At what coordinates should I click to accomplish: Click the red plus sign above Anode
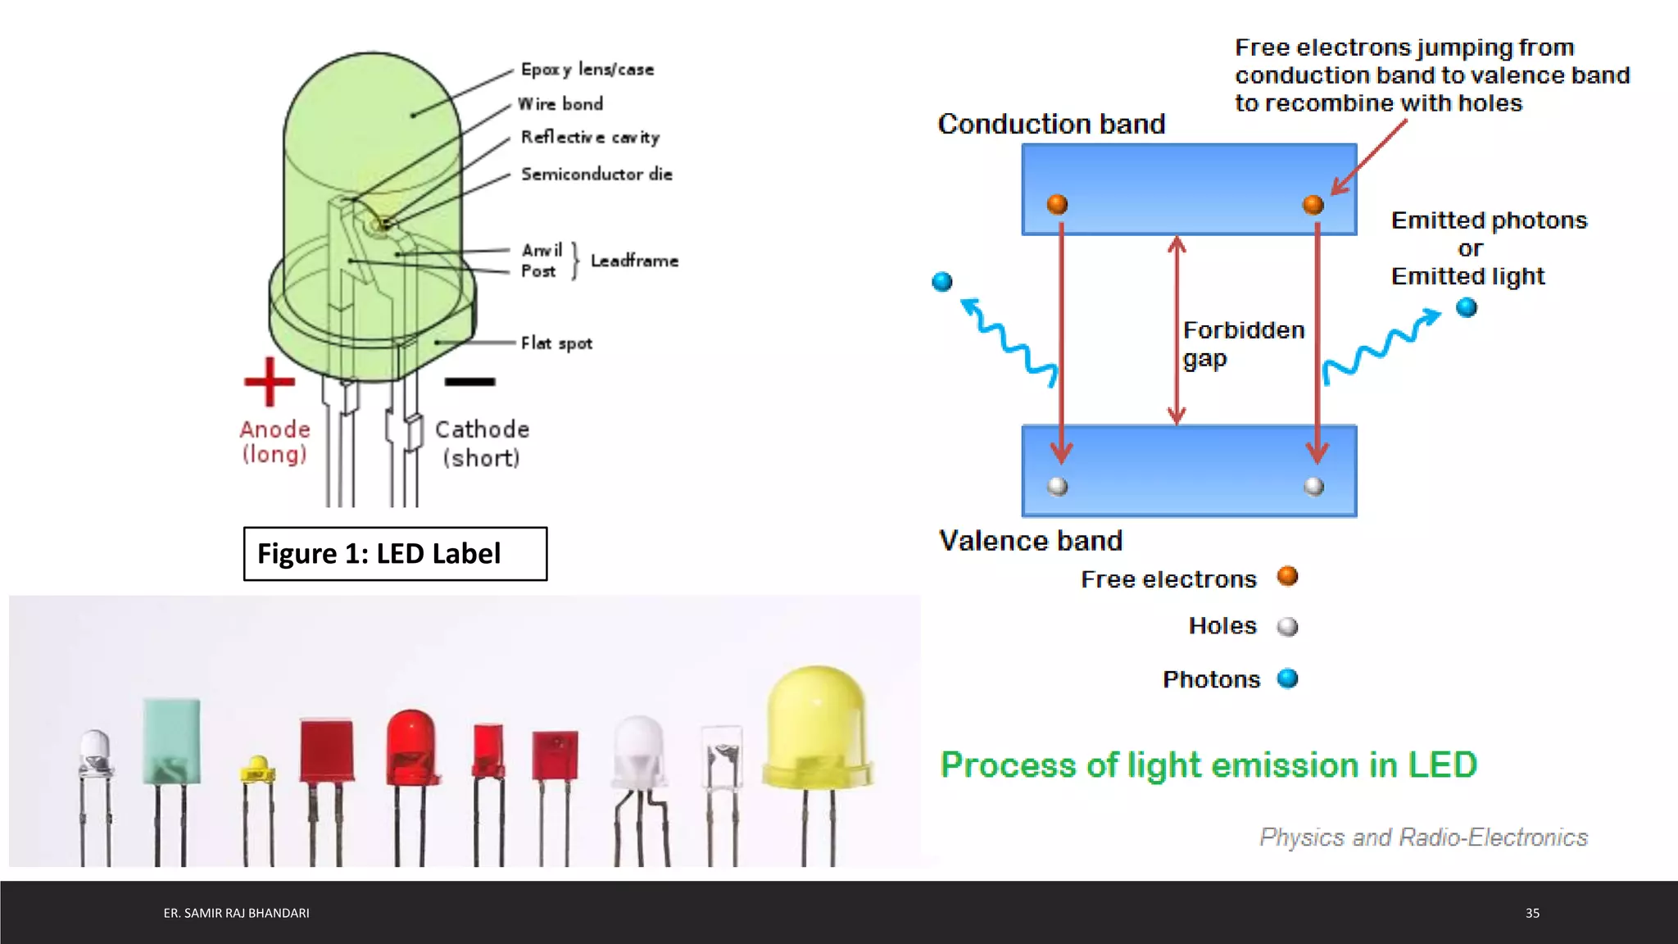click(x=269, y=382)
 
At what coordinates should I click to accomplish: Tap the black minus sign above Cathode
click(x=469, y=382)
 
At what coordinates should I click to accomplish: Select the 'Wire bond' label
click(x=560, y=104)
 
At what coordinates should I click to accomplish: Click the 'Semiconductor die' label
click(x=596, y=174)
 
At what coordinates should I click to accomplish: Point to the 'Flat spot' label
click(x=556, y=343)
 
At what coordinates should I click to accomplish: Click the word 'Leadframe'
click(x=634, y=261)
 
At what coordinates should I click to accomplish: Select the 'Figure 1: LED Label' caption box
click(x=395, y=554)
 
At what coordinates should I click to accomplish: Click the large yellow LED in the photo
click(x=816, y=729)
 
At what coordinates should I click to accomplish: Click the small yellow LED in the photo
click(x=257, y=768)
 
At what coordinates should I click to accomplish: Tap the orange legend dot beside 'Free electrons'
click(x=1287, y=577)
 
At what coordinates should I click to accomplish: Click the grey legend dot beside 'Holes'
click(x=1287, y=627)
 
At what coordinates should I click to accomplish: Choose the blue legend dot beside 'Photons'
click(x=1287, y=678)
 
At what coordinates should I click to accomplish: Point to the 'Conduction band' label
click(x=1051, y=124)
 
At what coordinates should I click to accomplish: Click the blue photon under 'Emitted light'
click(x=1467, y=308)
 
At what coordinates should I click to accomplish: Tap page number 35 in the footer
click(x=1532, y=913)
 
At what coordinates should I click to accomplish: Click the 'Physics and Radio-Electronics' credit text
click(x=1423, y=837)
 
